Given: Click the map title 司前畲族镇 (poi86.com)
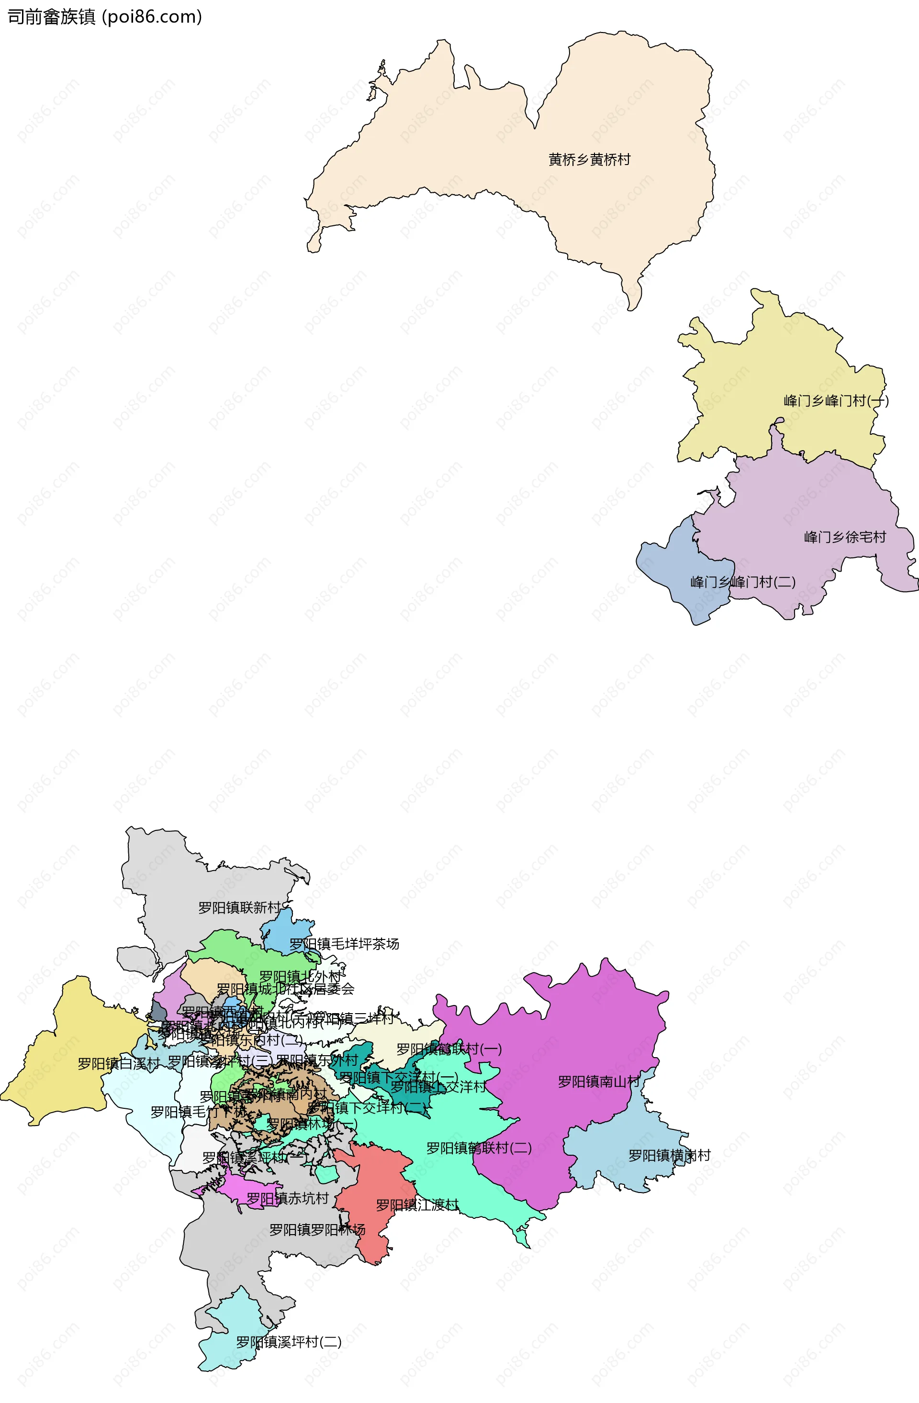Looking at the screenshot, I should [x=104, y=17].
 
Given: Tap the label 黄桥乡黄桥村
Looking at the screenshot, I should [x=589, y=160].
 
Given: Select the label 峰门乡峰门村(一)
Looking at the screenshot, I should [x=835, y=401].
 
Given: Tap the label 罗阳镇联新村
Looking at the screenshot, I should [x=239, y=908].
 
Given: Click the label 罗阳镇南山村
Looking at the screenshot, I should [x=599, y=1082].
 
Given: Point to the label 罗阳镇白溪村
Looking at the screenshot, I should [x=119, y=1063].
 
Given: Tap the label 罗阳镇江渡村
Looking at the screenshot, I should [x=417, y=1205].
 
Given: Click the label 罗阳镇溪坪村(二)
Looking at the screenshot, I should [x=289, y=1342].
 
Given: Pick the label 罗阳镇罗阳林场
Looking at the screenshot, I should [x=317, y=1230].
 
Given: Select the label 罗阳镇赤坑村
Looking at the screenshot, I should [x=287, y=1198].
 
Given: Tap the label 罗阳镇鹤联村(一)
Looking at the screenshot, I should [x=448, y=1049].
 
